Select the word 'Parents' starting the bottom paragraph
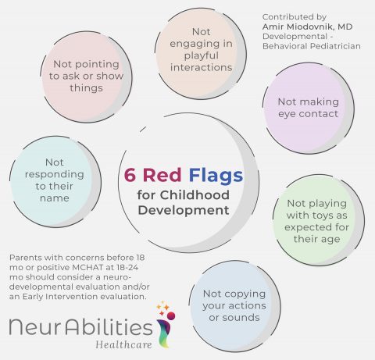[x=25, y=257]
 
